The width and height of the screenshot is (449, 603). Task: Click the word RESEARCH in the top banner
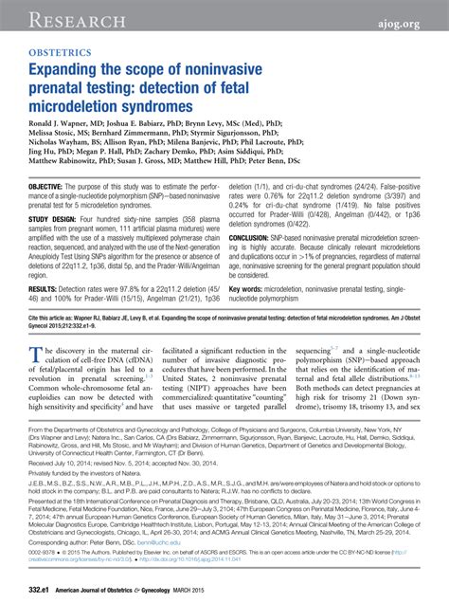pyautogui.click(x=59, y=18)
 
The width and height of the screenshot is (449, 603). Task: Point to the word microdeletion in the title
pyautogui.click(x=94, y=108)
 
